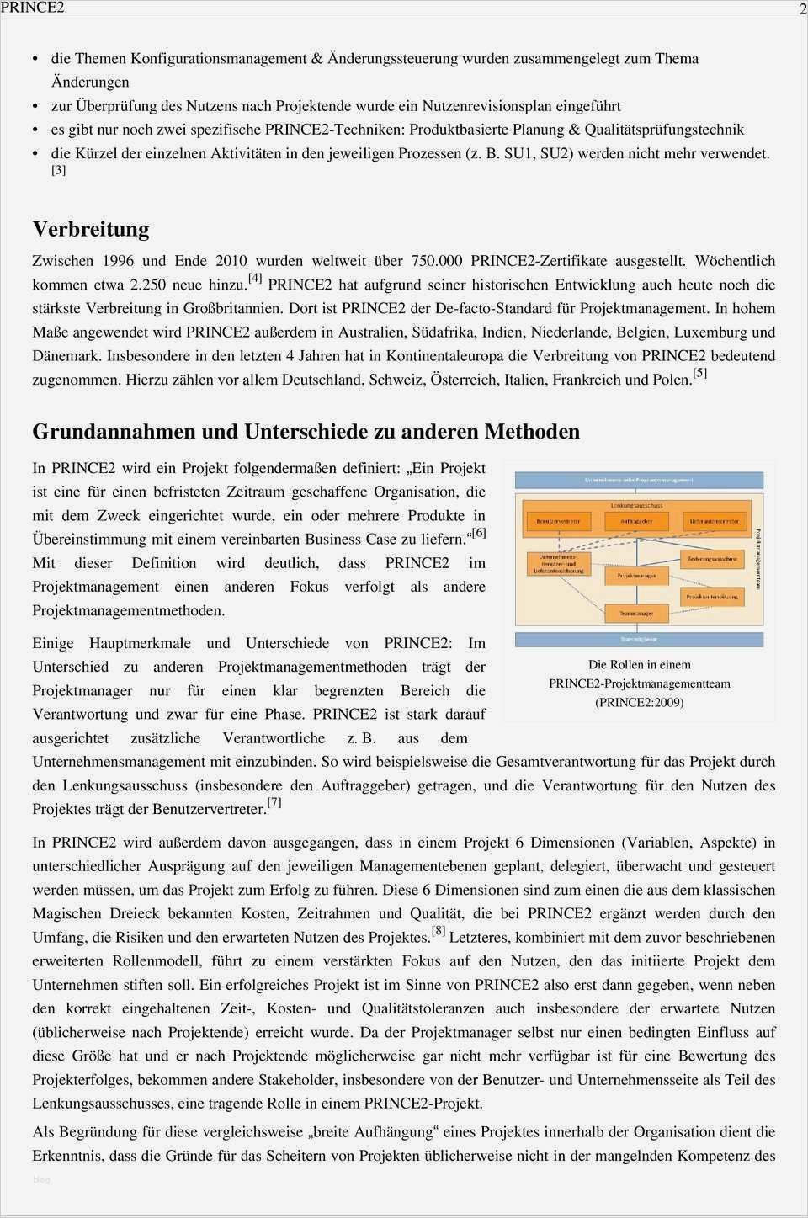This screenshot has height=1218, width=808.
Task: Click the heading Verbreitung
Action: tap(91, 229)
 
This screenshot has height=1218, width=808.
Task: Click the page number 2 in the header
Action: tap(802, 8)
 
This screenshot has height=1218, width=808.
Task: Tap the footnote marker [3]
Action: tap(58, 170)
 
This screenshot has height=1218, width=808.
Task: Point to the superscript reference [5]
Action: tap(699, 373)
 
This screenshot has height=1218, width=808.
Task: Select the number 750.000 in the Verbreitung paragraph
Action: tap(437, 261)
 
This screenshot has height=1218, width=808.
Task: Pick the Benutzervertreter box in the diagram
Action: tap(558, 522)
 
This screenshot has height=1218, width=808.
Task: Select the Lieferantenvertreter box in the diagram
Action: tap(714, 522)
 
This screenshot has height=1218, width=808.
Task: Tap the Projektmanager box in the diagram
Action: tap(636, 576)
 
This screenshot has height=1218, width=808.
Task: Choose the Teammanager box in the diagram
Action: tap(637, 614)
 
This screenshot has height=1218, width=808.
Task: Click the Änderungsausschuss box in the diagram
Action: tap(712, 559)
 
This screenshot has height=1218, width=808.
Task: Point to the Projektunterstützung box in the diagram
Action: tap(712, 596)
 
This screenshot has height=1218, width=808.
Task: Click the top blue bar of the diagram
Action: tap(639, 481)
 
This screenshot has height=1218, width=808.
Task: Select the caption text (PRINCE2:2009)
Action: tap(639, 702)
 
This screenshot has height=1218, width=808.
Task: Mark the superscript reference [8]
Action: tap(439, 931)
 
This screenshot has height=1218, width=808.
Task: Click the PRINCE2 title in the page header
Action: tap(32, 8)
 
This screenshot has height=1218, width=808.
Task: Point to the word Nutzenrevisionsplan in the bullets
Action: tap(492, 106)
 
